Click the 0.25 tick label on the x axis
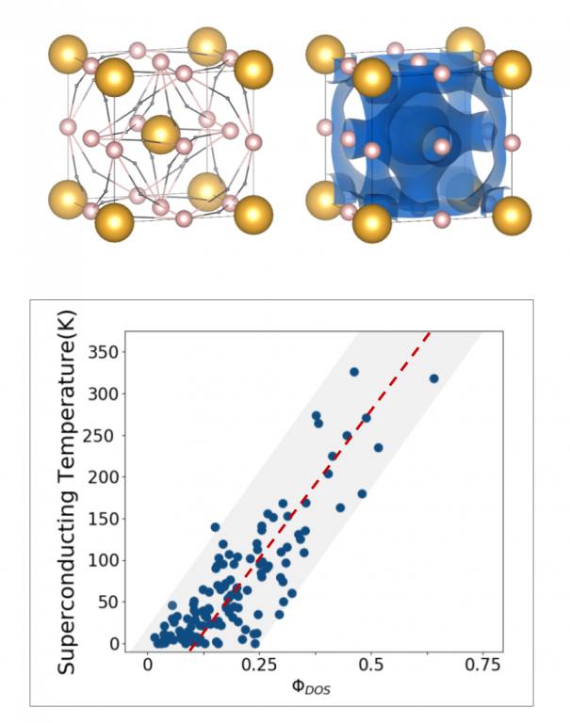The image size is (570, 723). tap(260, 663)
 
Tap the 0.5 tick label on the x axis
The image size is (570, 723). tap(372, 663)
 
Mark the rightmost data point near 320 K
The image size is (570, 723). tap(434, 378)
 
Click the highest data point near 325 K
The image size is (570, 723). tap(354, 372)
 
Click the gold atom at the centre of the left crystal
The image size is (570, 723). tap(161, 134)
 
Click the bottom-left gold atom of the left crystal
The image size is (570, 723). tap(68, 200)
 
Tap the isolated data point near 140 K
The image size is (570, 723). tap(215, 527)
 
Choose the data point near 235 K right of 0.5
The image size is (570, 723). tap(379, 448)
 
